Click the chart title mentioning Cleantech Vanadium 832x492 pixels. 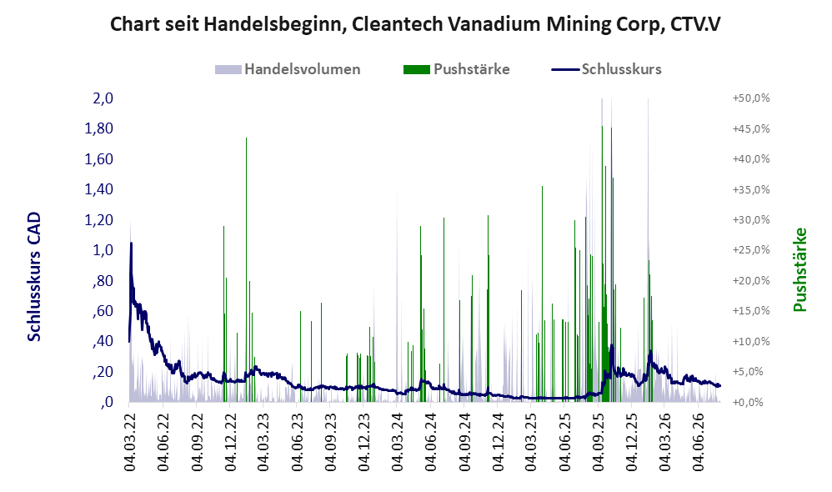tap(415, 24)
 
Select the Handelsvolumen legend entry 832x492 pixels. tap(288, 69)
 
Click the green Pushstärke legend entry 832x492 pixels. tap(456, 69)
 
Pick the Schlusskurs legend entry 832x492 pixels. tap(606, 69)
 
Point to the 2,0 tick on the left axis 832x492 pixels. tap(103, 98)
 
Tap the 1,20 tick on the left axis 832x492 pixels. tap(98, 219)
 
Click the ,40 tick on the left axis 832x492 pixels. tap(103, 341)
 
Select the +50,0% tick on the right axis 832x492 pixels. tap(751, 98)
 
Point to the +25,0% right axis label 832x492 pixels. tap(751, 250)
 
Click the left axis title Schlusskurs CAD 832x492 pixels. tap(34, 277)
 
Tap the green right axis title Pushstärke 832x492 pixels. tap(799, 269)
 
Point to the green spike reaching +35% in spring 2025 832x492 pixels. tap(542, 294)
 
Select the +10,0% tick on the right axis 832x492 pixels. tap(751, 341)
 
